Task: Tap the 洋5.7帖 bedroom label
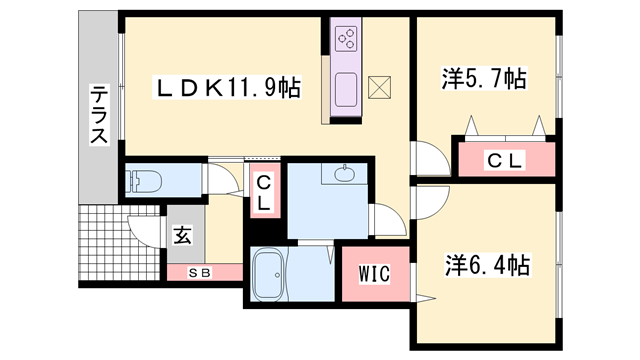pyautogui.click(x=484, y=78)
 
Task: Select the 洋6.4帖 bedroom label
pyautogui.click(x=486, y=265)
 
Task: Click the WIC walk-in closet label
pyautogui.click(x=366, y=273)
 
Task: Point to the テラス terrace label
pyautogui.click(x=99, y=116)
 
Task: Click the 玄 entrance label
pyautogui.click(x=183, y=237)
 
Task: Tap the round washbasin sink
pyautogui.click(x=347, y=176)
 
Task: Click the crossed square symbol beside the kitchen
pyautogui.click(x=381, y=87)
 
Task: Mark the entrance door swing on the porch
pyautogui.click(x=145, y=228)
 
